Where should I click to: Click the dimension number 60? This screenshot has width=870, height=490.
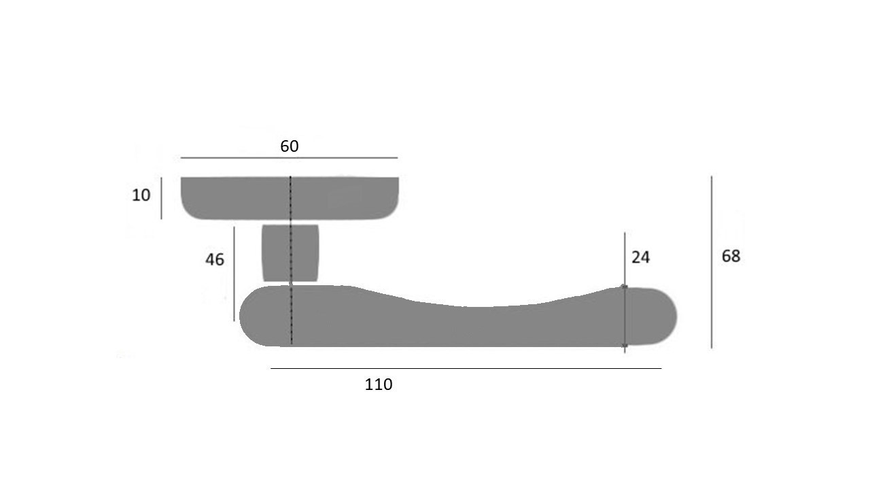(290, 146)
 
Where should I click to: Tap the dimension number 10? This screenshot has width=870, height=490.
(141, 195)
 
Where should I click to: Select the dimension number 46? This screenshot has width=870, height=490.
(215, 259)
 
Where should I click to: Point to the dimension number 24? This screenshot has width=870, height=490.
(640, 257)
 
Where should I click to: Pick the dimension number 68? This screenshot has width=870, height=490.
(731, 257)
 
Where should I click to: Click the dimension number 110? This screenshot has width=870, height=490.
(379, 385)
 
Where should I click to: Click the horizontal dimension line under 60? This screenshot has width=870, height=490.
(290, 158)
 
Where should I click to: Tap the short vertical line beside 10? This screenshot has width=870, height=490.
(162, 198)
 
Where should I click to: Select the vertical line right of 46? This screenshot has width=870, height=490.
(234, 274)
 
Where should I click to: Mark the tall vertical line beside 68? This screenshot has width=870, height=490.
(712, 262)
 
